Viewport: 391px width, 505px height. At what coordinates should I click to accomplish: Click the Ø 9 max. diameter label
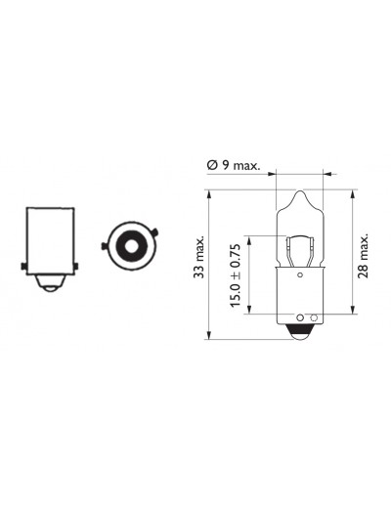coord(234,165)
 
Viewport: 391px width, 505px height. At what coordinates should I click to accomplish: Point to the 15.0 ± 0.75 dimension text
coord(236,274)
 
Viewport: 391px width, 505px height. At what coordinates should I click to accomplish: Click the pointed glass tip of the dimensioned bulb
coord(300,194)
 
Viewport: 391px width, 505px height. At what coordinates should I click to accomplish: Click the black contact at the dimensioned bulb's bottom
coord(300,331)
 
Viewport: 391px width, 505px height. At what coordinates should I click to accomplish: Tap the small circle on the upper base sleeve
coord(300,275)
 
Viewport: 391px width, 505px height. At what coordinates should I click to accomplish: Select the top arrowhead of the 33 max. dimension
coord(209,194)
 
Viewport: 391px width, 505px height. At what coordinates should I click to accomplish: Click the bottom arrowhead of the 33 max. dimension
coord(209,335)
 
